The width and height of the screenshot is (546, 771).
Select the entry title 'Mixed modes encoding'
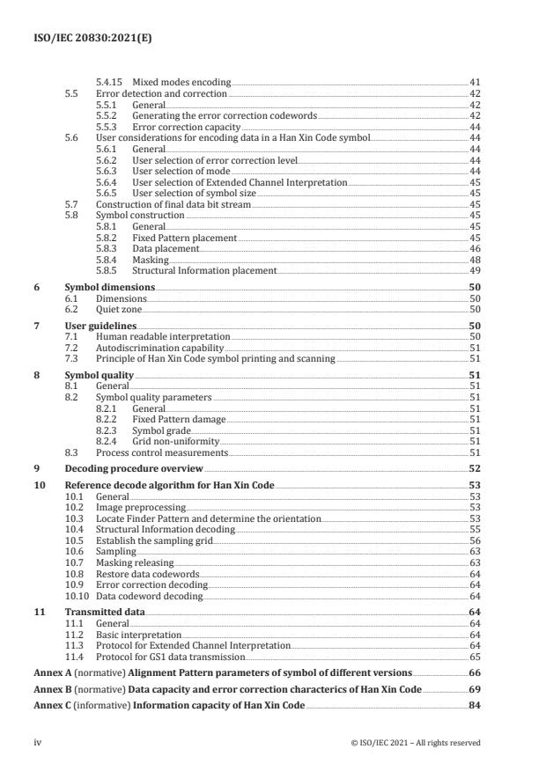174,81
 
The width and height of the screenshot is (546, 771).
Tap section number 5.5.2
107,116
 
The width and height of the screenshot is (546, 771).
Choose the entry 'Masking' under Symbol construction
151,261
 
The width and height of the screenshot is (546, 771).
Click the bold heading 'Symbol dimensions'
110,288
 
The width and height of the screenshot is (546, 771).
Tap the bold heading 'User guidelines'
104,326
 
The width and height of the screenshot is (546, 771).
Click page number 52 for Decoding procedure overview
474,468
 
